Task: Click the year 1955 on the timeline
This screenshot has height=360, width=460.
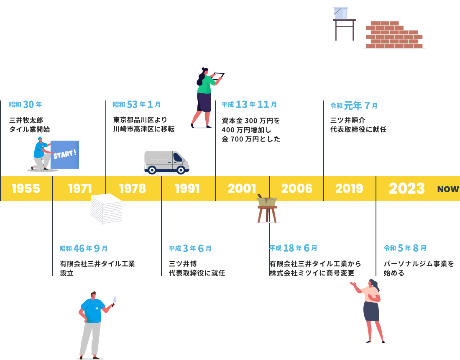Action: (26, 189)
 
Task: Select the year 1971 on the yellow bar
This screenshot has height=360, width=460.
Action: (80, 189)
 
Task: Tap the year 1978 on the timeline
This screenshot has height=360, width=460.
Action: (133, 189)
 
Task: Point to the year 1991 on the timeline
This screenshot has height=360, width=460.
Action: (187, 189)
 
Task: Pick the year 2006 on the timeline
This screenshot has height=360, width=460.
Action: (297, 189)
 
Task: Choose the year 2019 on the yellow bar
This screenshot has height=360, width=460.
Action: (349, 189)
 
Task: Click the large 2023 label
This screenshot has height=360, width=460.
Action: (406, 189)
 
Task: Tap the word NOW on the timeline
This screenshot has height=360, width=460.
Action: (448, 189)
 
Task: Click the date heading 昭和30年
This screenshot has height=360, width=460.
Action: (26, 105)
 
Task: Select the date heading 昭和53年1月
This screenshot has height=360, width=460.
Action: (137, 105)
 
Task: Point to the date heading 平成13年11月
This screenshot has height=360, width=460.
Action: (249, 105)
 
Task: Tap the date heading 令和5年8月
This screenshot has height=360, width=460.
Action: (405, 248)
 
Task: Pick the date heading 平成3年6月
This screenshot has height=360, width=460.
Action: (190, 249)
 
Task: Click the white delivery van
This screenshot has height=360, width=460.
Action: (166, 162)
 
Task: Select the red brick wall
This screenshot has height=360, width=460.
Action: (394, 35)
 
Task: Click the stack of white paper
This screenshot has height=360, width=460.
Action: (107, 209)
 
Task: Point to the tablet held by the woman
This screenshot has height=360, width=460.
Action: (218, 76)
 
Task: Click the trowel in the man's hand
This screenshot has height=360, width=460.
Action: (114, 300)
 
